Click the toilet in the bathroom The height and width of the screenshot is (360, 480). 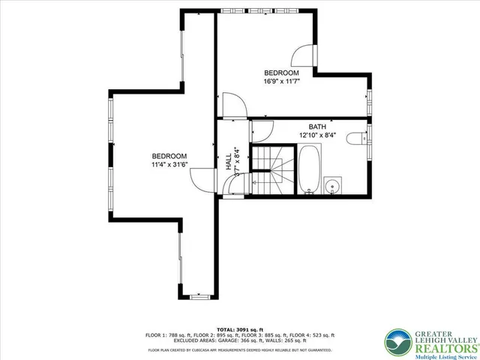[x=359, y=137]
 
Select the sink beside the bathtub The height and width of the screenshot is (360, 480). [x=334, y=184]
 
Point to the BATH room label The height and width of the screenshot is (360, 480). [x=317, y=127]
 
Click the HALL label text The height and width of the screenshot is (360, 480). [x=229, y=163]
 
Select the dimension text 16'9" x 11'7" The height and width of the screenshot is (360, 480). [x=281, y=81]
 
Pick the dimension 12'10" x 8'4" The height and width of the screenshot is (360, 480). [x=317, y=135]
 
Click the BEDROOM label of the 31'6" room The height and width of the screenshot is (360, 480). [x=169, y=155]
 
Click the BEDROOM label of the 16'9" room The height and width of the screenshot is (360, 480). [x=281, y=73]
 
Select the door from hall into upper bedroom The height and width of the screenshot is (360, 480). [x=230, y=105]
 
